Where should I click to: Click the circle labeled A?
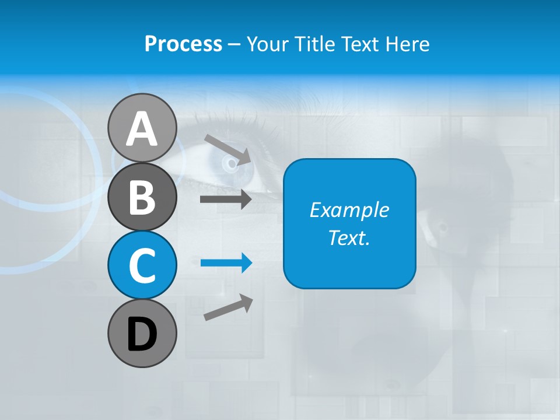[x=142, y=128]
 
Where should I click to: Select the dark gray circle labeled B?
[x=142, y=197]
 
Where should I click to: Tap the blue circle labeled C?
[x=142, y=265]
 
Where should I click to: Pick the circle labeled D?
[x=142, y=333]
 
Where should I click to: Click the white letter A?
[x=142, y=129]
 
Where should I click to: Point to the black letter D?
[x=142, y=334]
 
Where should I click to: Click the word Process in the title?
[x=183, y=44]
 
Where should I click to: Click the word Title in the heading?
[x=313, y=44]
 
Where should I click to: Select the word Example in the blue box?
[x=349, y=210]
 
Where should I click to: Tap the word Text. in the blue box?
[x=349, y=237]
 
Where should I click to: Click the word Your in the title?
[x=267, y=44]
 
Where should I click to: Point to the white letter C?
[x=142, y=266]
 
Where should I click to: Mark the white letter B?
[x=142, y=198]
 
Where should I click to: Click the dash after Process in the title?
[x=234, y=44]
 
